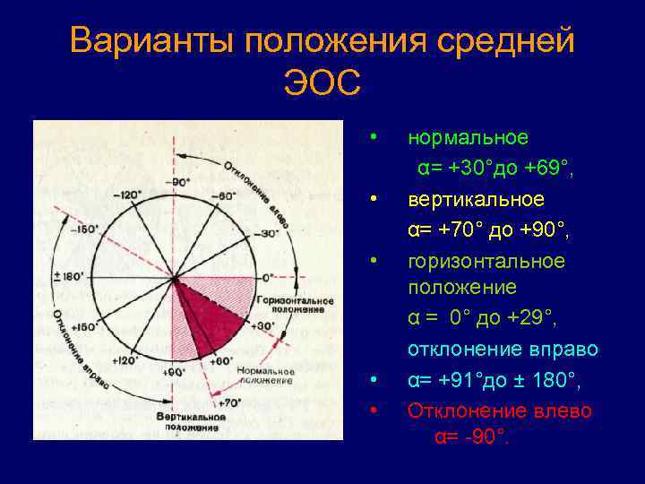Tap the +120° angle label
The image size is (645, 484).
click(126, 359)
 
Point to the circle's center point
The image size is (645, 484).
click(174, 277)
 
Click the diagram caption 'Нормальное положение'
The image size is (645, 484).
click(267, 376)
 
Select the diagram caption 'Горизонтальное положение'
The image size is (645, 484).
click(295, 304)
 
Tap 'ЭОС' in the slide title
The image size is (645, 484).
click(322, 84)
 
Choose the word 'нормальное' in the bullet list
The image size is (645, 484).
click(468, 137)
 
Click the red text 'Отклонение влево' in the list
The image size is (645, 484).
click(500, 411)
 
